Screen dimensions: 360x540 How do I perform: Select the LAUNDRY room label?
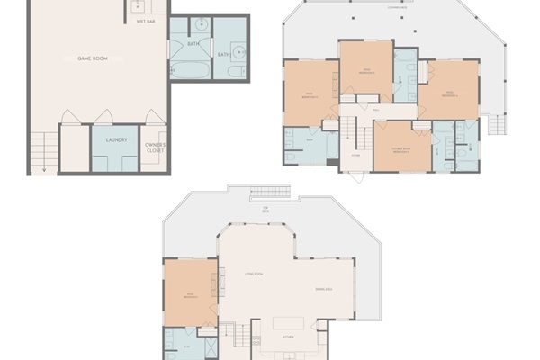[115, 139]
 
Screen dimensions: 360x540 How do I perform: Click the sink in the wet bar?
[139, 5]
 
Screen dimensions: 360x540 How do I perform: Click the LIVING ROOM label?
[253, 273]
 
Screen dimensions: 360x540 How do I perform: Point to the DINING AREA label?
[325, 288]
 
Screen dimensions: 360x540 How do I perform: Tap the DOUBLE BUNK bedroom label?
[401, 151]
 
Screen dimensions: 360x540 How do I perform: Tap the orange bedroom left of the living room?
[190, 293]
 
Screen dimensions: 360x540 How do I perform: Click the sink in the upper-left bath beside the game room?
[202, 24]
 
